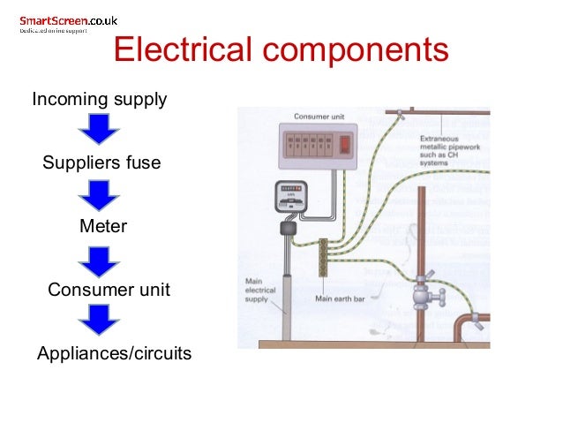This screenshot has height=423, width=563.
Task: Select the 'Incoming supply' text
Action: tap(99, 99)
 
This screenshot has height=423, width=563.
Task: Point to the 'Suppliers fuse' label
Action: tap(101, 163)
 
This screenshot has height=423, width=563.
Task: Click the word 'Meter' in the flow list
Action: tap(103, 226)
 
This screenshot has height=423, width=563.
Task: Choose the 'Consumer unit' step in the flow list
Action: tap(109, 290)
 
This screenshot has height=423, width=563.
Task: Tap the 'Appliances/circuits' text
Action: tap(114, 354)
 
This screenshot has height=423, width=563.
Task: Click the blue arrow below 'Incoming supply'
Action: tap(99, 131)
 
